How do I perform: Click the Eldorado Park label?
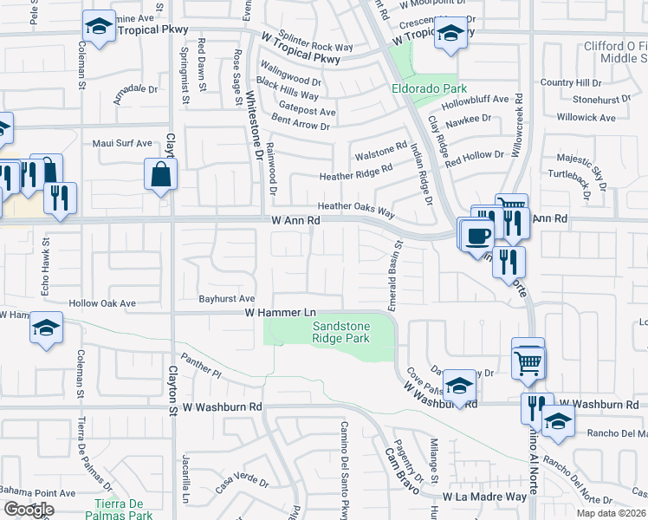(x=429, y=89)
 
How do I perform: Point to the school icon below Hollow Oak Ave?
(x=46, y=329)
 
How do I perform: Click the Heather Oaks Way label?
(x=356, y=207)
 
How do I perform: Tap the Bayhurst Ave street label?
(x=225, y=297)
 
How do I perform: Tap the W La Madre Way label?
(x=484, y=497)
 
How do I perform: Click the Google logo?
(x=29, y=510)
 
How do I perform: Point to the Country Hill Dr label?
(x=570, y=82)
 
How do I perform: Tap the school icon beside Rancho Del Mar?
(x=558, y=420)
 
